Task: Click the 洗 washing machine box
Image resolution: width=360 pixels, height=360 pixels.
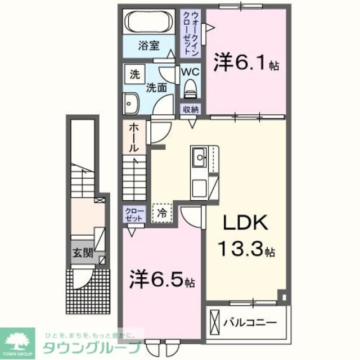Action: pos(135,74)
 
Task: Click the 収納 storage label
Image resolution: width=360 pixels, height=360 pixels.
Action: pos(190,110)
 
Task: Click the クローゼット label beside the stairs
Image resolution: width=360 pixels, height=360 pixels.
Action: pos(135,214)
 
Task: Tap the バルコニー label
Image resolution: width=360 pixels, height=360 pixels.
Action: pos(250,323)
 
